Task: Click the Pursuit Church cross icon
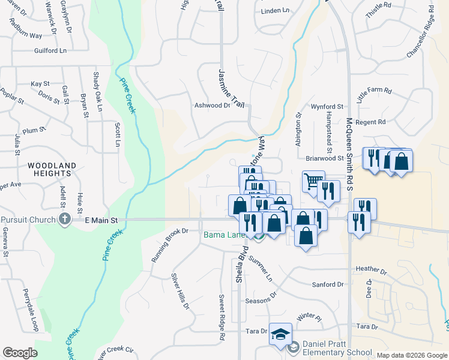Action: (x=65, y=220)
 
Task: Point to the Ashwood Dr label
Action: (x=212, y=105)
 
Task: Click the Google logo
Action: (x=20, y=353)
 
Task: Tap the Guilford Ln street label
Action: (x=50, y=52)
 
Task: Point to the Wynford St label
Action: (x=325, y=107)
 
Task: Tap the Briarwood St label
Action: (x=324, y=159)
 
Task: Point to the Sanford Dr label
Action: (x=328, y=284)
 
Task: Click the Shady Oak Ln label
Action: (x=97, y=91)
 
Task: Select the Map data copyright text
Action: (x=412, y=355)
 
